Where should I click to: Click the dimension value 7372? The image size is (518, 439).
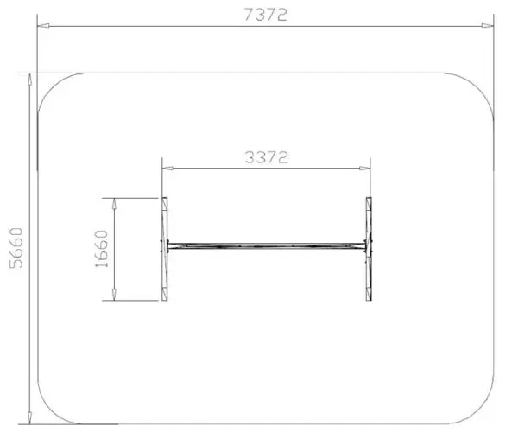pyautogui.click(x=266, y=15)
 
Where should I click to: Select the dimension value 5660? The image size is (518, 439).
pyautogui.click(x=16, y=248)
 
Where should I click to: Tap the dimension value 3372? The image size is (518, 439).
pyautogui.click(x=266, y=157)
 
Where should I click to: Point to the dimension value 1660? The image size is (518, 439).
pyautogui.click(x=101, y=249)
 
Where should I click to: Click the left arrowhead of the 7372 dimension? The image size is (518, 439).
pyautogui.click(x=43, y=25)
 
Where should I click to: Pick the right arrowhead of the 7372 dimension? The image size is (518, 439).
pyautogui.click(x=487, y=25)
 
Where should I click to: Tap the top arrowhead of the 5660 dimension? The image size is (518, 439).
pyautogui.click(x=29, y=80)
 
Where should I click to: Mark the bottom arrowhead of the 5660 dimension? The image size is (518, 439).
pyautogui.click(x=29, y=418)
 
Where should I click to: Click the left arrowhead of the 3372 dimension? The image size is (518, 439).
pyautogui.click(x=168, y=169)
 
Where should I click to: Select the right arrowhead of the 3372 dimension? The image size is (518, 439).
pyautogui.click(x=364, y=169)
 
